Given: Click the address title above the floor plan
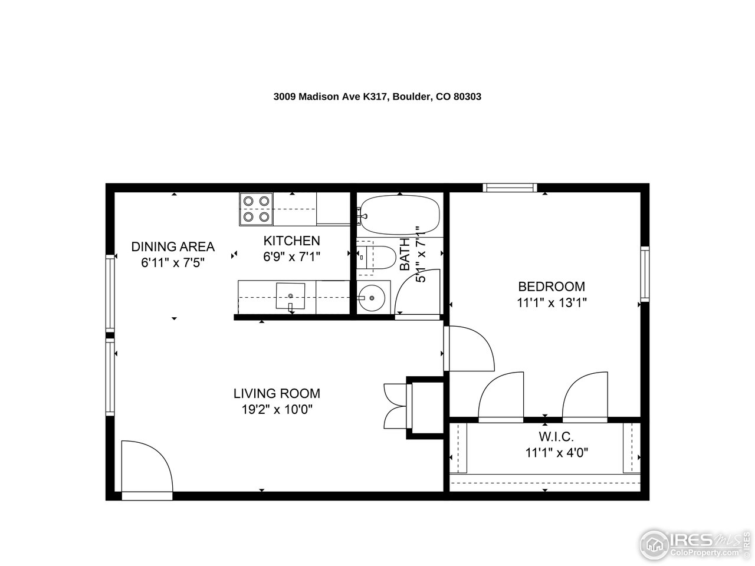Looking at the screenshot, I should click(x=377, y=97).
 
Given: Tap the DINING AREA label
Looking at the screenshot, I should click(x=173, y=246).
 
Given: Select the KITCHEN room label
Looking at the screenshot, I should click(x=291, y=241).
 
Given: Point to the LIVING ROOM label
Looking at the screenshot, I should click(x=277, y=393).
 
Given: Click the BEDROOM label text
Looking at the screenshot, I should click(x=552, y=287).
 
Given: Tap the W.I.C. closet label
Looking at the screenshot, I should click(x=556, y=437).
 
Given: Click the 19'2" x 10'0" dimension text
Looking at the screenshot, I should click(x=277, y=409).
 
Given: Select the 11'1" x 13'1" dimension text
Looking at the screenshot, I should click(x=552, y=302).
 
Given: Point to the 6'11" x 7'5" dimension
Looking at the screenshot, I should click(x=173, y=262).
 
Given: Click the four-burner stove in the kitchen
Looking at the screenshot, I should click(x=256, y=209).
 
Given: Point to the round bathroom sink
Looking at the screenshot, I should click(x=372, y=298).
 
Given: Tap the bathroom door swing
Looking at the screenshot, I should click(x=418, y=294).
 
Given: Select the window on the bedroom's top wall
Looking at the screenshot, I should click(x=510, y=187).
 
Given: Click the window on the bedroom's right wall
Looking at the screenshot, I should click(x=645, y=274).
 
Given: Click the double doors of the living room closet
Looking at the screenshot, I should click(x=394, y=405).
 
